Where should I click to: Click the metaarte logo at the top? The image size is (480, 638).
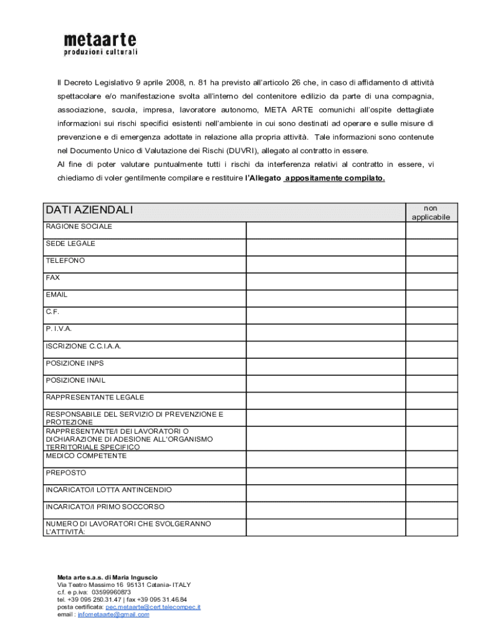(x=100, y=44)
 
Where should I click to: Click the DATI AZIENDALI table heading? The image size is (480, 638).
(x=89, y=211)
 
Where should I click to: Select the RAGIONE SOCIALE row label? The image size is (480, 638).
(x=79, y=227)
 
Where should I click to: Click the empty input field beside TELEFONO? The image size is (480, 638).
(x=325, y=264)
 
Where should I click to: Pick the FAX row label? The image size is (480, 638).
(x=53, y=278)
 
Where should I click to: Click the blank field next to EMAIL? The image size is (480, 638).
(x=325, y=298)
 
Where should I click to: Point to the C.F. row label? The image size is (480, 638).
(x=52, y=312)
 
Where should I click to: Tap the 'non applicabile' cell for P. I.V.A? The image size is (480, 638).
(x=431, y=333)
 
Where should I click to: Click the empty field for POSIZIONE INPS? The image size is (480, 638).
(x=325, y=366)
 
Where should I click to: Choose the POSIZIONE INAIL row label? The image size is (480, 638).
(x=75, y=380)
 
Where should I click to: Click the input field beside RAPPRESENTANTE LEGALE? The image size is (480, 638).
(x=325, y=401)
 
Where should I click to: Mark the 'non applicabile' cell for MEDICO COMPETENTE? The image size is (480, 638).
(x=431, y=460)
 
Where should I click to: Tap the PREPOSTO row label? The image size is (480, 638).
(x=65, y=473)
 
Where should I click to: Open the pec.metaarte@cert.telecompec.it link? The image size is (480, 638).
(x=153, y=607)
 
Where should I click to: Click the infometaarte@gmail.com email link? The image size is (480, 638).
(x=113, y=614)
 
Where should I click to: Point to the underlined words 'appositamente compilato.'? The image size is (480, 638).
(x=335, y=179)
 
